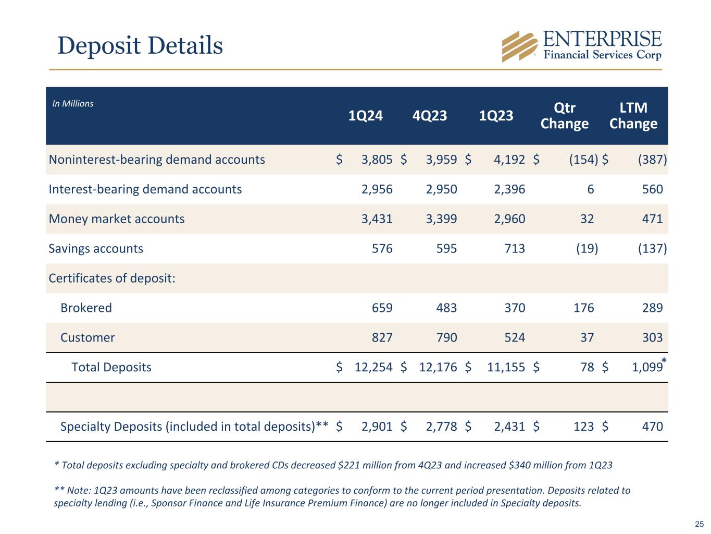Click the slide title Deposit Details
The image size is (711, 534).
pos(140,45)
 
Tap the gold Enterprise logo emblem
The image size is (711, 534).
pos(519,46)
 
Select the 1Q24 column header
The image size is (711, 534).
pos(366,115)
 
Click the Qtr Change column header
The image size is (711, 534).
pos(565,115)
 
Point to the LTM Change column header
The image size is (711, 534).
pos(633,115)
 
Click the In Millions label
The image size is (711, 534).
pos(73,104)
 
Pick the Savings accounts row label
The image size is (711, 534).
pos(96,248)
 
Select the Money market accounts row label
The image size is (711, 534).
pos(117,219)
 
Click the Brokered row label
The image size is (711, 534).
pos(86,308)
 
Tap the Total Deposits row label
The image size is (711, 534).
pos(111,367)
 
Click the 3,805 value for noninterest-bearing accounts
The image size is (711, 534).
pos(377,160)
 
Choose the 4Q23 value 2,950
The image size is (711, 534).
pos(441,189)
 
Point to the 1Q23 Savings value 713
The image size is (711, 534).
pos(515,248)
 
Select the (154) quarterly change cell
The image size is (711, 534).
pos(583,160)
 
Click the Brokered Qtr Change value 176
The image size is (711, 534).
pos(583,308)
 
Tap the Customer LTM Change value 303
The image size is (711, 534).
pos(652,337)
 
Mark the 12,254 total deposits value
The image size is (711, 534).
pos(373,367)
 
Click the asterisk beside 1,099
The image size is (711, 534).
pos(664,361)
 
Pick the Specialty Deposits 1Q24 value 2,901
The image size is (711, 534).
pos(377,427)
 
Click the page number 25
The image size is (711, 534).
pos(699,524)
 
